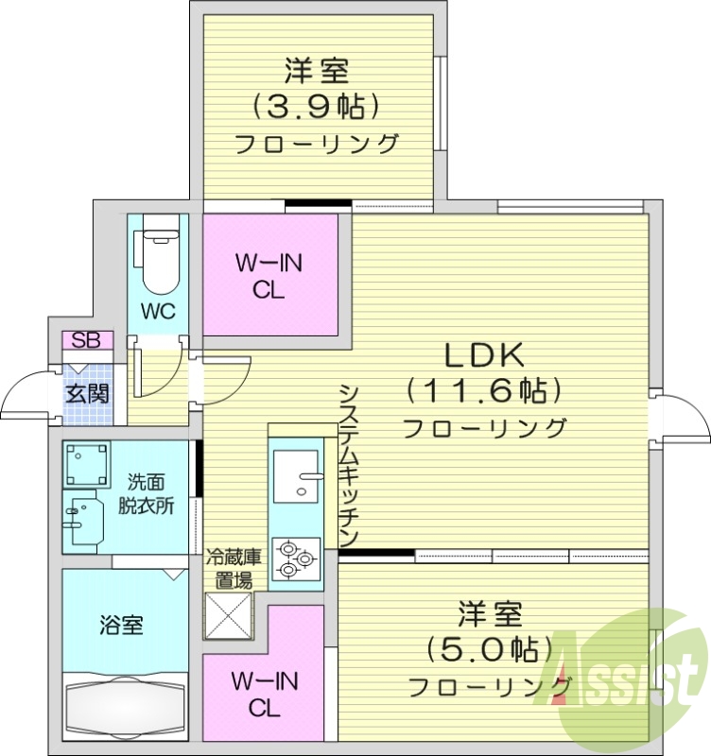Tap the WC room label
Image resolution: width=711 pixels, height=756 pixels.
click(x=157, y=312)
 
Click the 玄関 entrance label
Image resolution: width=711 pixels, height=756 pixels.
click(x=86, y=392)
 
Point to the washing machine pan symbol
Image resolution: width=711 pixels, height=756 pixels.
click(x=87, y=464)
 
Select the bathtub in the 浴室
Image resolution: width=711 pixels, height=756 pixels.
click(x=122, y=705)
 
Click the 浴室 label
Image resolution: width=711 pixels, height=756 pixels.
click(x=121, y=625)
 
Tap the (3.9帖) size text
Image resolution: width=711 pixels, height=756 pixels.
click(x=316, y=106)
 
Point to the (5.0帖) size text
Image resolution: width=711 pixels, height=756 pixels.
click(x=491, y=648)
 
